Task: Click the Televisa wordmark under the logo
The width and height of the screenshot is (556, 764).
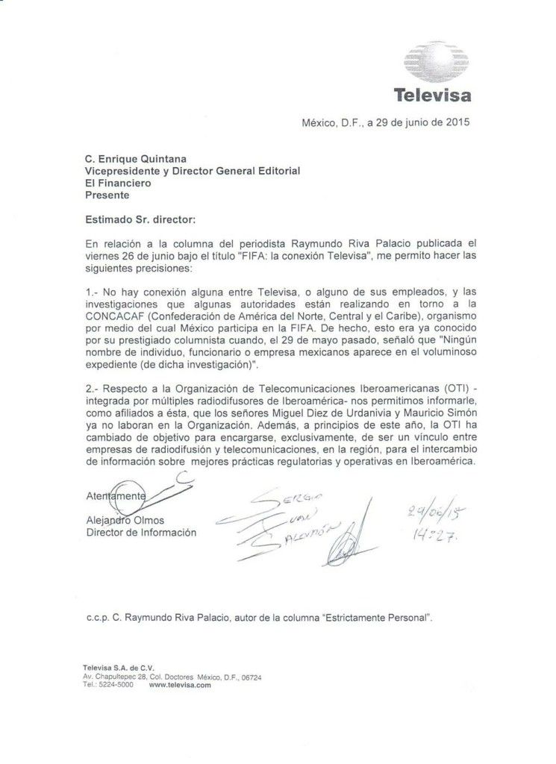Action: (x=432, y=95)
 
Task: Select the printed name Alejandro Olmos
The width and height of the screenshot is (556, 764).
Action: (x=125, y=519)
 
